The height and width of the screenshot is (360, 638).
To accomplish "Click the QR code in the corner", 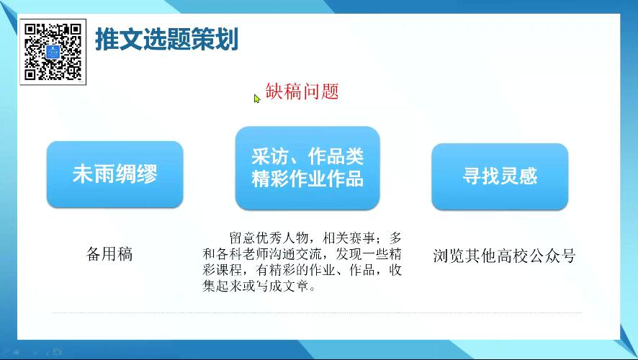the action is point(53,52).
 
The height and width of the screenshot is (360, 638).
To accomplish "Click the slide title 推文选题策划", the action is point(166,40).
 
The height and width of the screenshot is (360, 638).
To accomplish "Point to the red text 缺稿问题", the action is point(302,91).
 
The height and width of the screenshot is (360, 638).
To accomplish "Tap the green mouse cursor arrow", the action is point(257,99).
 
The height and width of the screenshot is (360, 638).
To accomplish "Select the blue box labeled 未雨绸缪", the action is point(114,174).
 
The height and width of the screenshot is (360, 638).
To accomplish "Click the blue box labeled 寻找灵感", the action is point(500,176).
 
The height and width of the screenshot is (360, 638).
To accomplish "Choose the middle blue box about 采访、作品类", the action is point(307,168).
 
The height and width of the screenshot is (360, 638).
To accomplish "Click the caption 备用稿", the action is point(109,254).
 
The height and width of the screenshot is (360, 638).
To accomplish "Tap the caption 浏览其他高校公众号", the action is point(504,256).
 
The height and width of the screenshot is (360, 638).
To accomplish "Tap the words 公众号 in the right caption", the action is point(554,256).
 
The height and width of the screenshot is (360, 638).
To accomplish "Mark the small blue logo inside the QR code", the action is point(53,52).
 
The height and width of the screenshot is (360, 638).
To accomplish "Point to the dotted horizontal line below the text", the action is point(317,312).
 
